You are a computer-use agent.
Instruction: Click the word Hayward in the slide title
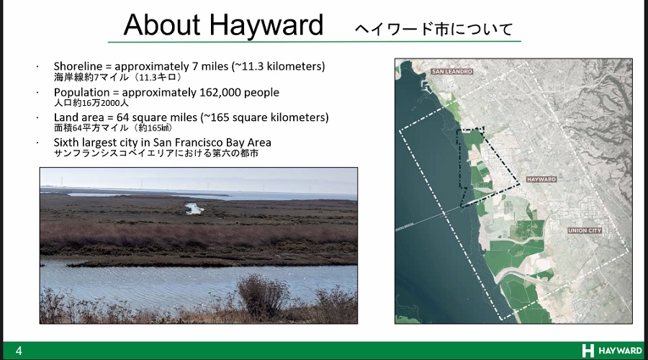point(266,27)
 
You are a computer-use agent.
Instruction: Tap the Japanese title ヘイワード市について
point(433,29)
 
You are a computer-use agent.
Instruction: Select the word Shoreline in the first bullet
point(78,66)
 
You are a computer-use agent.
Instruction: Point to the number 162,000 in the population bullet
point(220,93)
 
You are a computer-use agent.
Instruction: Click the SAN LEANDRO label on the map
point(451,71)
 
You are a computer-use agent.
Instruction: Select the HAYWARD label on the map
point(541,179)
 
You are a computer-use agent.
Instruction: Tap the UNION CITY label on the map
point(585,230)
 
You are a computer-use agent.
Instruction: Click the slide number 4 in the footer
point(19,351)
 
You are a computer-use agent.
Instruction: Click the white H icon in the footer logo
point(588,351)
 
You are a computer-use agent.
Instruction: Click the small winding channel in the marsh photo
point(194,208)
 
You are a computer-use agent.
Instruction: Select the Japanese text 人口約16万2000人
point(91,103)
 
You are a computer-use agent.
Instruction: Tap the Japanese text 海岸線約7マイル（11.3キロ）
point(118,77)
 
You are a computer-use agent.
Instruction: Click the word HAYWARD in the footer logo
point(621,351)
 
